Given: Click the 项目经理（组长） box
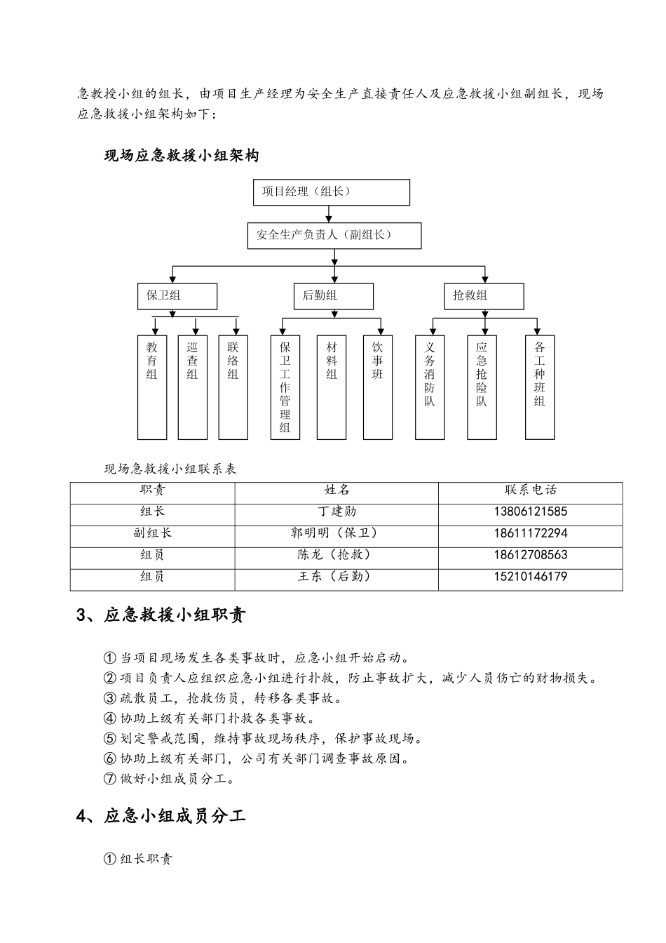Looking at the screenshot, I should (x=331, y=192).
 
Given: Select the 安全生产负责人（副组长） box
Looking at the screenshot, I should (x=334, y=236).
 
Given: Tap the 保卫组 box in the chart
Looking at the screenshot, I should (x=177, y=296).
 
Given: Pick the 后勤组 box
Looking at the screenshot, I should (x=333, y=296).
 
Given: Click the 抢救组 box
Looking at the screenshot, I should (x=484, y=296).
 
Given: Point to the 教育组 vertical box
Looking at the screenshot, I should (x=152, y=387).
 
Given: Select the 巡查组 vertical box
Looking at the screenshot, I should (x=193, y=387).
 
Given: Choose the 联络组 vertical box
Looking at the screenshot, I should (x=233, y=387).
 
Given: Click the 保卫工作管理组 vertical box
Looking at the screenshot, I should (x=285, y=387).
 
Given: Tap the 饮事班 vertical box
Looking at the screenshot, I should (x=378, y=387).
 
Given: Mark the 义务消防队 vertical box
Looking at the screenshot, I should (x=430, y=387).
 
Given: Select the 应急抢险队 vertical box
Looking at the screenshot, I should (x=482, y=387).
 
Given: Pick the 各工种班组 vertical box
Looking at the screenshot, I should (x=540, y=387).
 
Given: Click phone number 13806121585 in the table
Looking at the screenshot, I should (x=530, y=512).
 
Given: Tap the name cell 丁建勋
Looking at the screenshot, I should (x=337, y=512).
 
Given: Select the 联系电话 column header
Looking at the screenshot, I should (x=530, y=490).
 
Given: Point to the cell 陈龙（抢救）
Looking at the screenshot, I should (x=337, y=555).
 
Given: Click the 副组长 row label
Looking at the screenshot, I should (x=152, y=533).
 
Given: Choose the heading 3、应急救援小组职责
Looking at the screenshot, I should (x=161, y=615).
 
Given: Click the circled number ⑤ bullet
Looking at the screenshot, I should (x=109, y=739).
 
